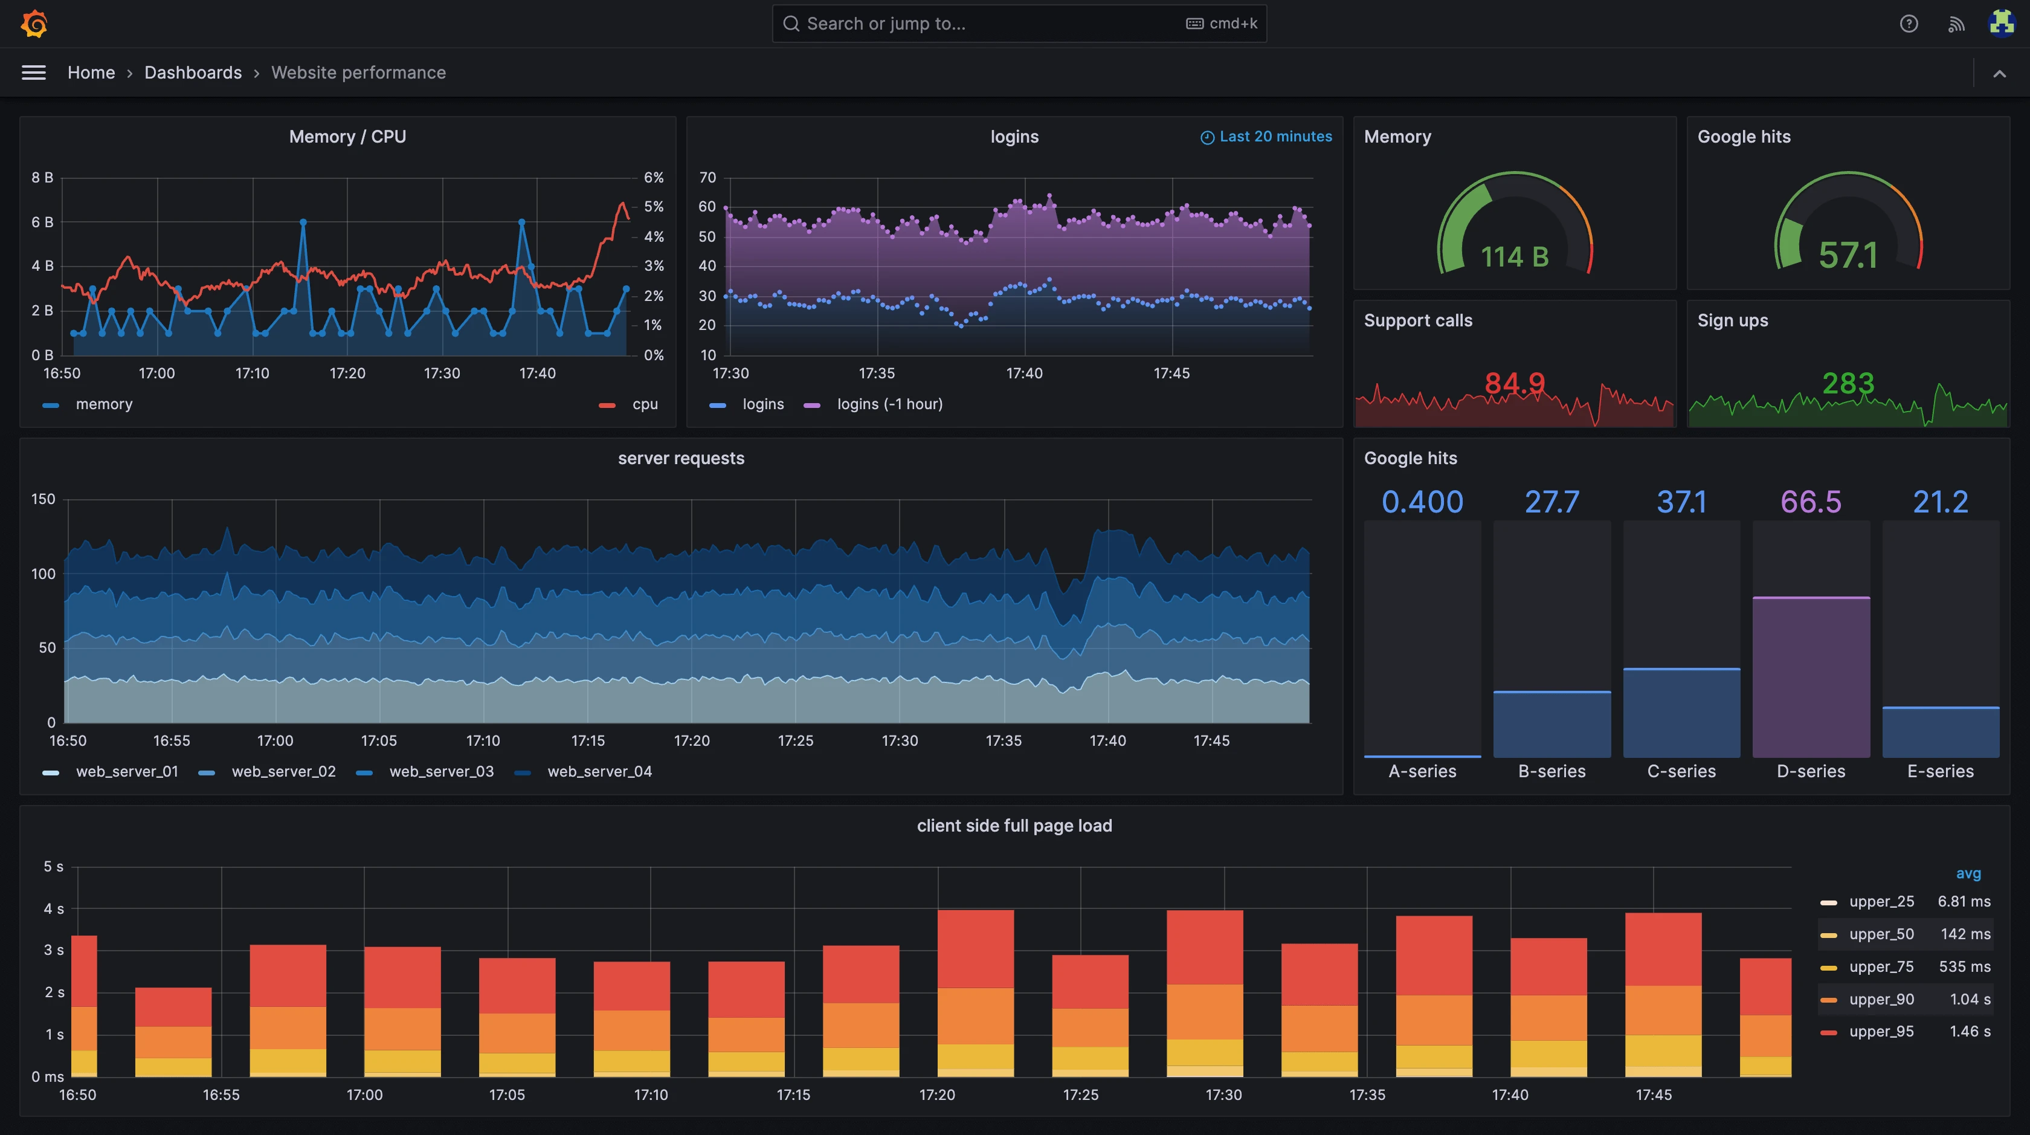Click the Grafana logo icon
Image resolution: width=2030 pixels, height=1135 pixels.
pos(34,24)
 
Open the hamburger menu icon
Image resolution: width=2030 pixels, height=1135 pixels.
pos(33,73)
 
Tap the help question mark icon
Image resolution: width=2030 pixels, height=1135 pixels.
pos(1908,24)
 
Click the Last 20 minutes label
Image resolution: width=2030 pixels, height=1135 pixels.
pos(1274,137)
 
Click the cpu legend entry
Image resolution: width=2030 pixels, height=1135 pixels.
pos(644,404)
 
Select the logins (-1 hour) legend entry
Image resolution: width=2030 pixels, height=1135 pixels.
pos(889,404)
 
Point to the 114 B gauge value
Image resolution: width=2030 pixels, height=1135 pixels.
pos(1514,257)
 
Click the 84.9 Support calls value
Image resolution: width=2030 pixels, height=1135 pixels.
pos(1514,384)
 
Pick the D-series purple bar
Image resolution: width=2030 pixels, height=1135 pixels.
pos(1810,678)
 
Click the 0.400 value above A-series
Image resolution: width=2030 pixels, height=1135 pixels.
pos(1422,502)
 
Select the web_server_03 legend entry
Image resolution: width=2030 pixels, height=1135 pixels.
pos(440,772)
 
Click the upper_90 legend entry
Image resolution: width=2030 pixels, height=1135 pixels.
pos(1880,1000)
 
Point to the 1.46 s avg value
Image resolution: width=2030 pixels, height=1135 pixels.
pos(1970,1032)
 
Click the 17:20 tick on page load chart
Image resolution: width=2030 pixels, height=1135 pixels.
pos(936,1095)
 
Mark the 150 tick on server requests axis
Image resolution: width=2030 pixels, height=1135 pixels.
pos(43,499)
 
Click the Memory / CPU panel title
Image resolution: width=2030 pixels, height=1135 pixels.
pos(347,137)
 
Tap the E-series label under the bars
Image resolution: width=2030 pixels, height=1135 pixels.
pos(1939,772)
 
